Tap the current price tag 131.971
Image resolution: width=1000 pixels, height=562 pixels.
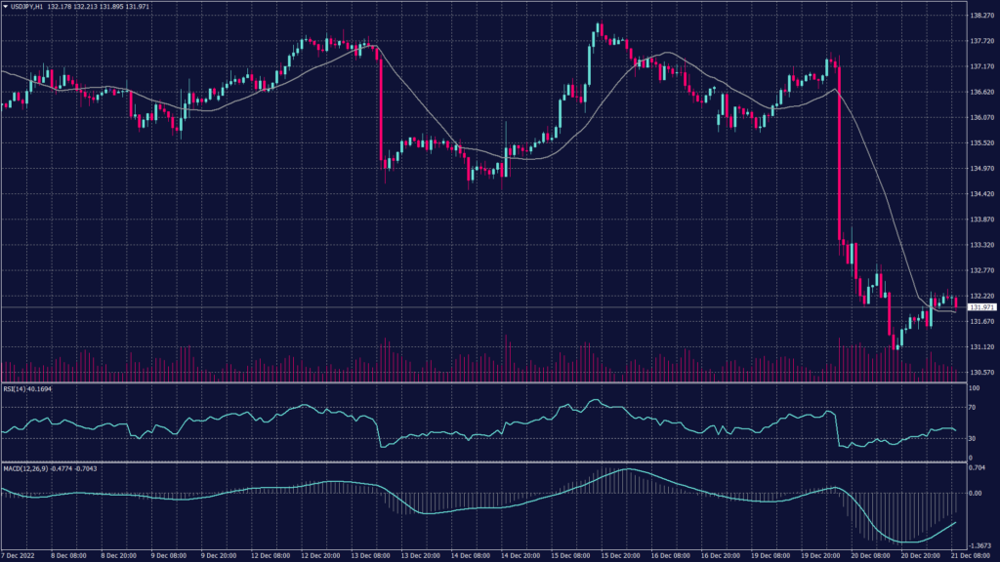pyautogui.click(x=979, y=307)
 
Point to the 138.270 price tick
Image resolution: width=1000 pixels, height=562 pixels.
pyautogui.click(x=979, y=17)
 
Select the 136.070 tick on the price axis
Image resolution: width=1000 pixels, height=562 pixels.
pyautogui.click(x=979, y=118)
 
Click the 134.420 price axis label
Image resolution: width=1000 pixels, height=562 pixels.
pyautogui.click(x=979, y=194)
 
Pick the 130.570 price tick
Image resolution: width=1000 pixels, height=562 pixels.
pyautogui.click(x=979, y=372)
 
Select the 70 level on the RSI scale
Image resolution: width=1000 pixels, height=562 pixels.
pyautogui.click(x=973, y=407)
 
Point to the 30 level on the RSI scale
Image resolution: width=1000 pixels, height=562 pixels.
pyautogui.click(x=973, y=438)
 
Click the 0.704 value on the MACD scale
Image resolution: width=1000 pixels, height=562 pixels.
pyautogui.click(x=977, y=468)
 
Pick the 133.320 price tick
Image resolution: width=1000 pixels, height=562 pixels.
pyautogui.click(x=979, y=245)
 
